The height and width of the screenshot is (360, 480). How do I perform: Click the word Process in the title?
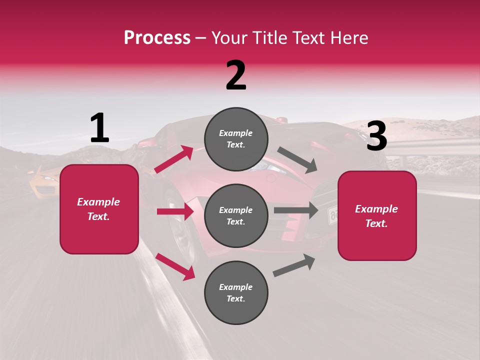157,38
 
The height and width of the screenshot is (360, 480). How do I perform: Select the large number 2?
236,75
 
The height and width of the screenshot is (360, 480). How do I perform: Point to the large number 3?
376,136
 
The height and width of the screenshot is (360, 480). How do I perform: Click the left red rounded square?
99,209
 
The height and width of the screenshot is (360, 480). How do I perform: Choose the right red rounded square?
377,216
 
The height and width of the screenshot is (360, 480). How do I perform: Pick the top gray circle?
236,139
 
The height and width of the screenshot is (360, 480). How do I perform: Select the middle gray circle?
236,215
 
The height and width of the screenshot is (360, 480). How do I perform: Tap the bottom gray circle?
236,292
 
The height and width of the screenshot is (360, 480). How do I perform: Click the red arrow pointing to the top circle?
174,159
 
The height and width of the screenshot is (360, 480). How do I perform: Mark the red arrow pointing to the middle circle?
175,211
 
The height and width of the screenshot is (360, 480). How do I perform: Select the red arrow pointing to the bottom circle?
175,266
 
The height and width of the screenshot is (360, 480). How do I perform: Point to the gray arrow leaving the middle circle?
295,210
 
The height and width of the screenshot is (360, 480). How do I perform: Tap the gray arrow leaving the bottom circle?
294,265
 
